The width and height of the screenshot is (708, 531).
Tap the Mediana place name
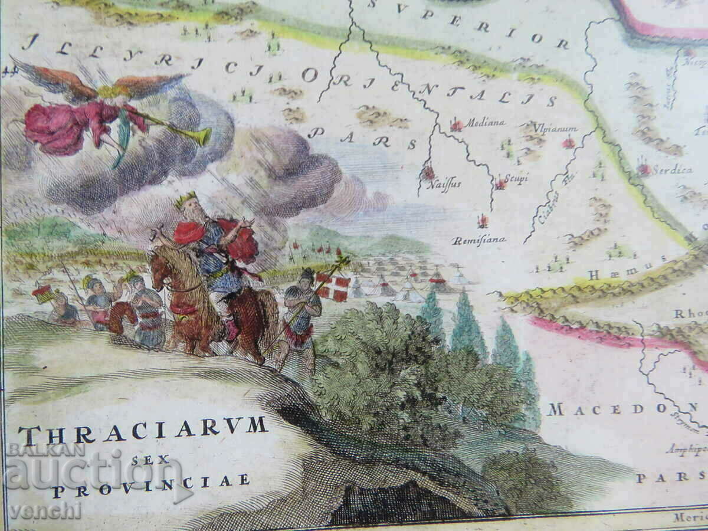pos(485,123)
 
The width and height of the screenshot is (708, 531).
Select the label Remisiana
pos(479,240)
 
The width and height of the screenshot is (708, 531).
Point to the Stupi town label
pos(515,179)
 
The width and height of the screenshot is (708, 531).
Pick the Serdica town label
pos(673,170)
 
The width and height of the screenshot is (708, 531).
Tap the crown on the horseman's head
pos(187,199)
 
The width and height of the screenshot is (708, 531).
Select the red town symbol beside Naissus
pos(427,172)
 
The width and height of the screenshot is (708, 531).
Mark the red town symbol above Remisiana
pos(483,221)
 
